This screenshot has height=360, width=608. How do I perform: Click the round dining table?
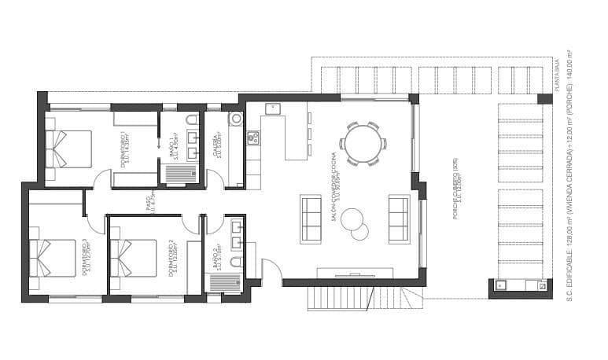click(x=363, y=144)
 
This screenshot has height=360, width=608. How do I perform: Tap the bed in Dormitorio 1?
click(x=69, y=149)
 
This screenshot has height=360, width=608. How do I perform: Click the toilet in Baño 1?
click(x=192, y=120)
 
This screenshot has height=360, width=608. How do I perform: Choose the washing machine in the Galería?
click(x=235, y=119)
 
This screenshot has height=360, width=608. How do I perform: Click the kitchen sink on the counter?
click(x=273, y=109)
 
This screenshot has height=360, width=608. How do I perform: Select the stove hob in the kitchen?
click(x=253, y=138)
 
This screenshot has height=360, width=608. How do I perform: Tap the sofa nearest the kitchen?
click(x=311, y=219)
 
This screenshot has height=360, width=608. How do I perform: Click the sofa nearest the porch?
click(x=399, y=219)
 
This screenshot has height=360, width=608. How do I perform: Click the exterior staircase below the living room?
click(x=354, y=298)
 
